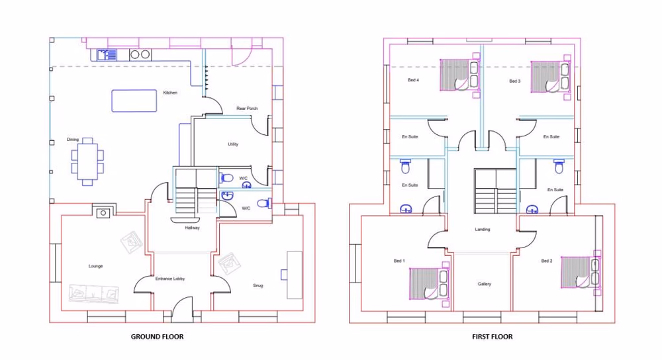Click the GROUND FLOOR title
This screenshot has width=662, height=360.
pyautogui.click(x=157, y=337)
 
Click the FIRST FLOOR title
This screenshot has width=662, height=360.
pyautogui.click(x=492, y=337)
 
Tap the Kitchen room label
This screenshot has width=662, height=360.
pyautogui.click(x=170, y=93)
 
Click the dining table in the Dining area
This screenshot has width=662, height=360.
pyautogui.click(x=87, y=161)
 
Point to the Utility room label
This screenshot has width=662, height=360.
pyautogui.click(x=232, y=144)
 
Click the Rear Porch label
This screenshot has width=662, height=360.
pyautogui.click(x=247, y=109)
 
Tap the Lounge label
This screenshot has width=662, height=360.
pyautogui.click(x=95, y=266)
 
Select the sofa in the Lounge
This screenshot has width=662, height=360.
pyautogui.click(x=93, y=292)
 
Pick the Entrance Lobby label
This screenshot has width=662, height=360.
pyautogui.click(x=169, y=279)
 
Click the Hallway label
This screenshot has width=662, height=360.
pyautogui.click(x=192, y=228)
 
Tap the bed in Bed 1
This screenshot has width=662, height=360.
pyautogui.click(x=424, y=283)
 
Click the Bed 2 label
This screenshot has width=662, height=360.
pyautogui.click(x=546, y=261)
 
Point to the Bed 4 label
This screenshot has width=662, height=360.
pyautogui.click(x=413, y=81)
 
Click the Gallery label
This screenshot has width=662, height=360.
pyautogui.click(x=485, y=285)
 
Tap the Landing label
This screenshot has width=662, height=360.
pyautogui.click(x=483, y=230)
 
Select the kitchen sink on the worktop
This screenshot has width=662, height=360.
pyautogui.click(x=107, y=55)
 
